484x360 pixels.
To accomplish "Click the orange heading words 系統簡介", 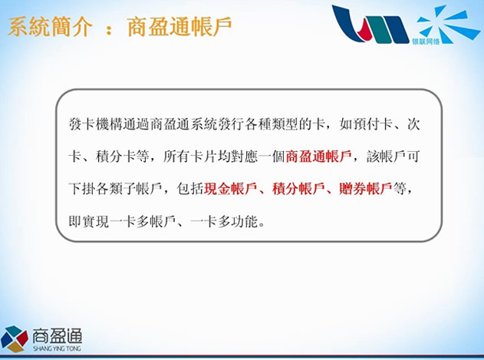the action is [x=50, y=27].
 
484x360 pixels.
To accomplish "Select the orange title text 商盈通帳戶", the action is [x=179, y=27].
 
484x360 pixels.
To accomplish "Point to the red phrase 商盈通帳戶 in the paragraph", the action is [x=318, y=157].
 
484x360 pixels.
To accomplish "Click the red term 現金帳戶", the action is [x=230, y=189].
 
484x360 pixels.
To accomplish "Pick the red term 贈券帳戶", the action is [x=365, y=189].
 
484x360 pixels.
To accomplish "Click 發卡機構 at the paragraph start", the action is [x=95, y=124].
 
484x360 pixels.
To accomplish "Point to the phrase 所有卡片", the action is [x=189, y=157].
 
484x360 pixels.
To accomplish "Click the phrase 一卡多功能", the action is [x=224, y=221].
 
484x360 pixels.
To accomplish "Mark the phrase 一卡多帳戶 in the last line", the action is [x=143, y=221].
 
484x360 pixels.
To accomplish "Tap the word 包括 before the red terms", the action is [x=189, y=189].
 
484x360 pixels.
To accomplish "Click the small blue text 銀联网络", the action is [x=426, y=41].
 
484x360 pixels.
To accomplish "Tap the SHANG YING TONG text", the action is [x=57, y=348].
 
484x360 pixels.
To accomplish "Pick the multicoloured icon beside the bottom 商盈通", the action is [x=15, y=339].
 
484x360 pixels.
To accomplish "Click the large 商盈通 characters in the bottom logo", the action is [x=58, y=335].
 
